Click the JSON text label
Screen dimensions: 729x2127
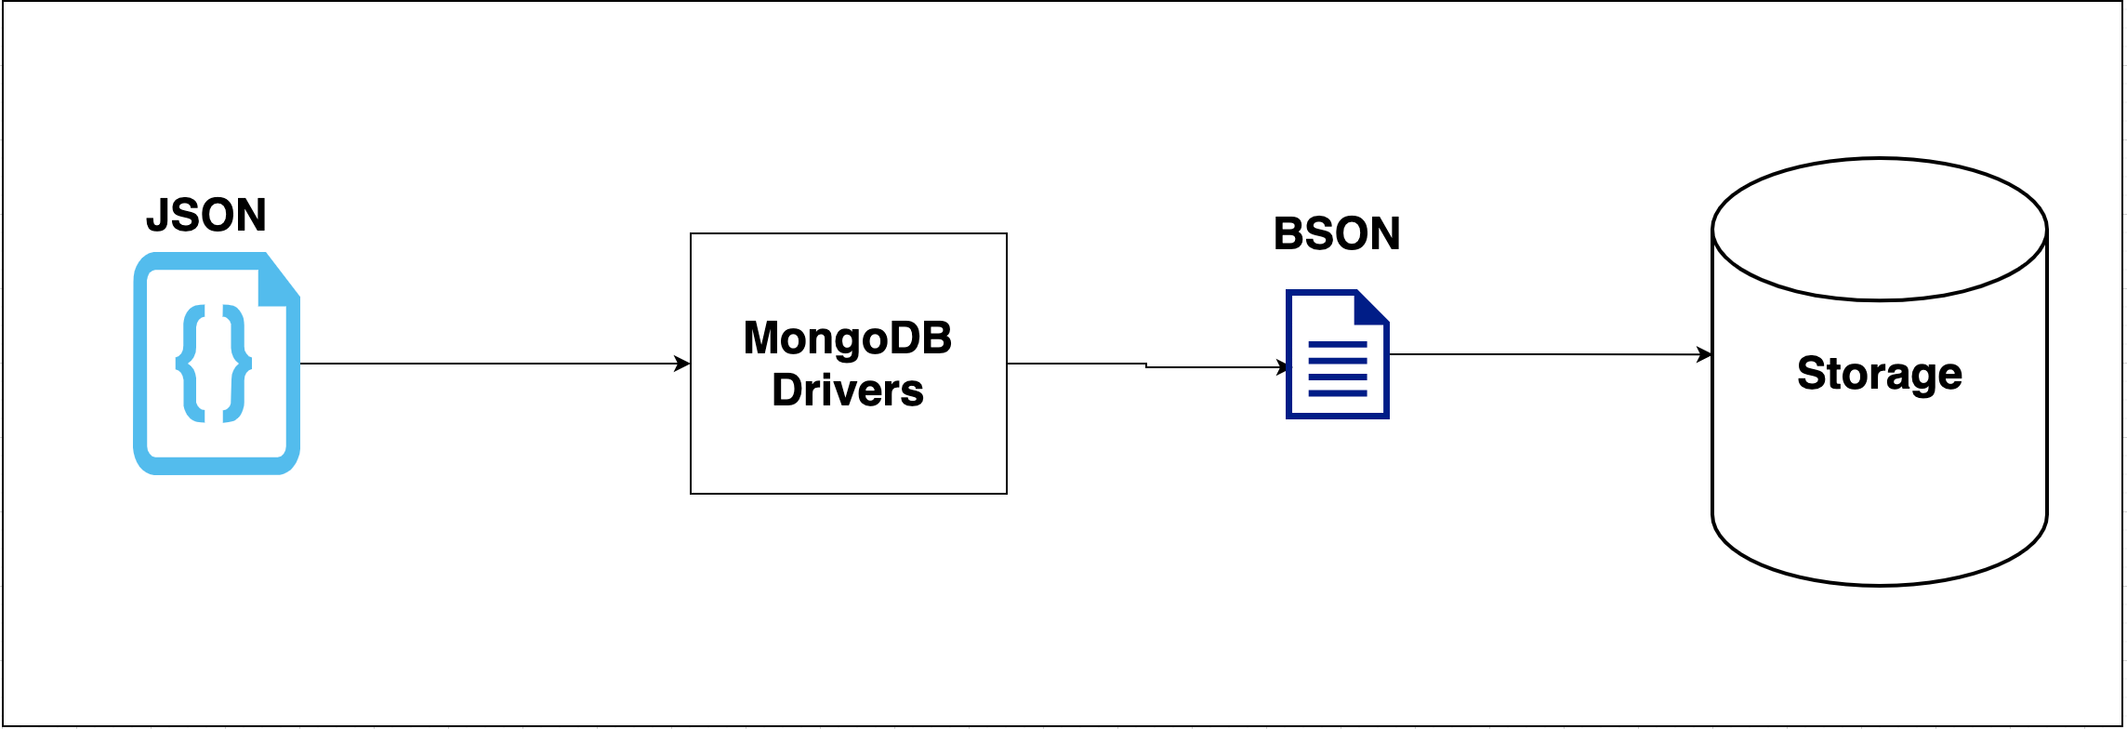[x=206, y=216]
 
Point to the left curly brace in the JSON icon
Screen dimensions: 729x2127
[x=193, y=364]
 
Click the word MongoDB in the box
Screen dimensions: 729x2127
[x=848, y=338]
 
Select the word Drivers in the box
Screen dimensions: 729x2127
[x=848, y=391]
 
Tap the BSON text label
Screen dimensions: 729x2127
[x=1337, y=234]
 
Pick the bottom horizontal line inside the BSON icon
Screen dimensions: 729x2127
[x=1338, y=393]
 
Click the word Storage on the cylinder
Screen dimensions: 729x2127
[x=1880, y=374]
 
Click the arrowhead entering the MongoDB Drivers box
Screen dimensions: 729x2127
[x=682, y=364]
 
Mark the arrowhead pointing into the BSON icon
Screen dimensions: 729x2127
[x=1284, y=367]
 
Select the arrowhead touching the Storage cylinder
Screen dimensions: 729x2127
[x=1704, y=354]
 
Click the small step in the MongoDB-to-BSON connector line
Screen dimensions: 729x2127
[x=1146, y=365]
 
